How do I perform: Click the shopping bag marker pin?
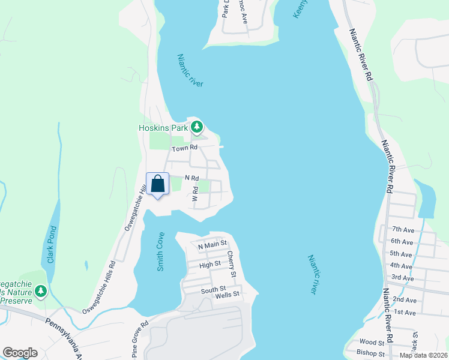[157, 184]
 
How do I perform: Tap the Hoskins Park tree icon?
[197, 127]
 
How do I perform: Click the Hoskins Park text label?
[163, 127]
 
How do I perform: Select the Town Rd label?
[184, 148]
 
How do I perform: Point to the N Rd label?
[191, 178]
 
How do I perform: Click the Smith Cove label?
[160, 251]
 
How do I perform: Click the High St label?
[210, 264]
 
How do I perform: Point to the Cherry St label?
[231, 265]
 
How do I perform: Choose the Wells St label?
[228, 294]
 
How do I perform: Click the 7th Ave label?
[403, 229]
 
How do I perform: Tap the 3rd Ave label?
[403, 277]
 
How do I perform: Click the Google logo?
[20, 353]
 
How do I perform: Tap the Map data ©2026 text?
[424, 355]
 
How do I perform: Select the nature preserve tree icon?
[40, 292]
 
